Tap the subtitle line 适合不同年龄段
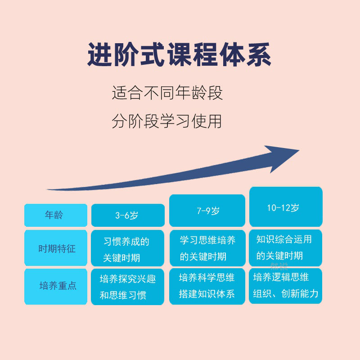point(167,94)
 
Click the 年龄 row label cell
point(55,215)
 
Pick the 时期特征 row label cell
point(55,248)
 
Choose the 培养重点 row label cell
point(55,286)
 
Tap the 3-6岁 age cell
point(128,215)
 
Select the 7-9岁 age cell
point(207,210)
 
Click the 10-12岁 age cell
point(286,207)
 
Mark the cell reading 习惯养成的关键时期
point(128,248)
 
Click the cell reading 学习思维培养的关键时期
point(207,247)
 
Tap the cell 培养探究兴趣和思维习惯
point(128,287)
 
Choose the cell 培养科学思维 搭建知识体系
point(207,285)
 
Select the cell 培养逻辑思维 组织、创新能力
point(286,285)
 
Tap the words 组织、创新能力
point(286,294)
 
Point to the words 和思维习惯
point(123,296)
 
